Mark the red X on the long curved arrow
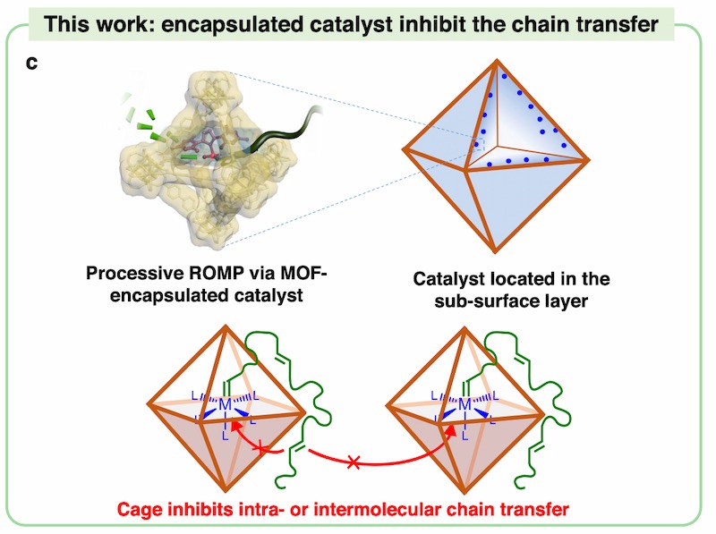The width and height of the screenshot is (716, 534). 354,462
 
